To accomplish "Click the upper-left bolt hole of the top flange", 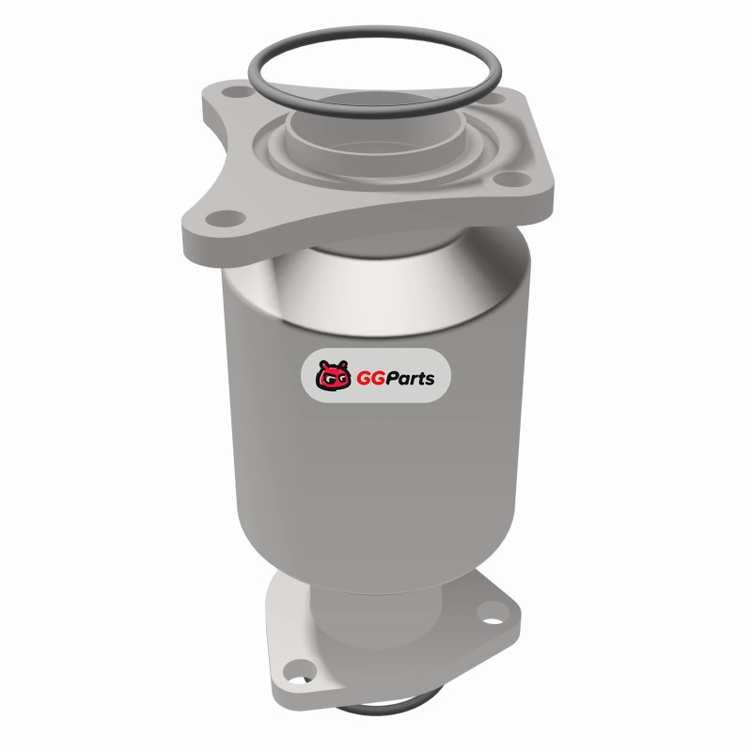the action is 238,91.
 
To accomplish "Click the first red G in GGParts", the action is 364,378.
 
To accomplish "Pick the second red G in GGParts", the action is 381,378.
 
